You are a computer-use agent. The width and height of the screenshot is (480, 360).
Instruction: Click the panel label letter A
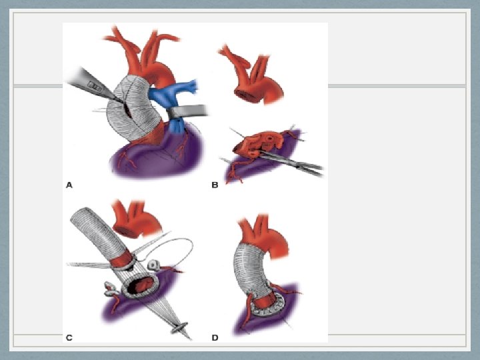click(69, 185)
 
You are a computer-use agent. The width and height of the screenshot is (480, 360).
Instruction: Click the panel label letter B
click(215, 185)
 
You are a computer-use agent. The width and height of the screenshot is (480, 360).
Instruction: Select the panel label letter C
click(69, 337)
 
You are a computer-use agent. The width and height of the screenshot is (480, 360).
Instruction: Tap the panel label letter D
click(215, 337)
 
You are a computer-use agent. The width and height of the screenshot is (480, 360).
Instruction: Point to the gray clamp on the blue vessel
click(187, 111)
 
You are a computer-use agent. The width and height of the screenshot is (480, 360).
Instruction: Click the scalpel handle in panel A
click(89, 84)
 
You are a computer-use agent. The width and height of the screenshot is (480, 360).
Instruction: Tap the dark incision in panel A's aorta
click(127, 111)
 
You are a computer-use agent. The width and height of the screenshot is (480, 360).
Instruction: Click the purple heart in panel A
click(156, 153)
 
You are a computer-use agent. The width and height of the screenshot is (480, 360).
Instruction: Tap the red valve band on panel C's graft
click(122, 259)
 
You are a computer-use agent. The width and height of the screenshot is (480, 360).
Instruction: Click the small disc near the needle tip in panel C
click(180, 327)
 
